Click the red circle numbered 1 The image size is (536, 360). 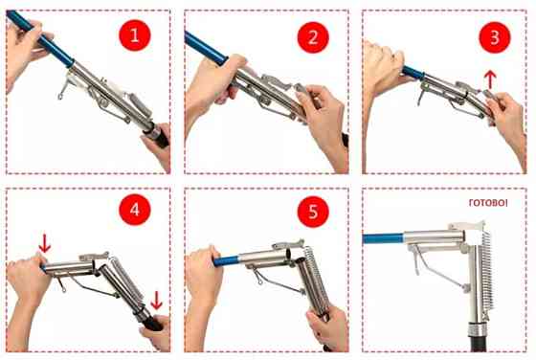tap(135, 34)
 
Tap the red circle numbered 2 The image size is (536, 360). tap(313, 37)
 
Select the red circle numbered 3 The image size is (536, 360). tap(495, 37)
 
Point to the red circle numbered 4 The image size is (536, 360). tap(135, 210)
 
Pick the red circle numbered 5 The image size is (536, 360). tap(313, 212)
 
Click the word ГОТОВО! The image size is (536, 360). tap(488, 203)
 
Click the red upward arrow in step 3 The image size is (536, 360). tap(490, 79)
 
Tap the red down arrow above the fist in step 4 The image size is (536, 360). tap(45, 243)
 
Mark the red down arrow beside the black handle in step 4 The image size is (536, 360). tap(156, 301)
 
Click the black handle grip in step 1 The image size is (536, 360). tap(158, 134)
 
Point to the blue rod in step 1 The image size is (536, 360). tap(39, 38)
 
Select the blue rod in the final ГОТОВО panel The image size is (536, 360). tap(383, 238)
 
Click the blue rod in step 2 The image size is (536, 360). tap(206, 48)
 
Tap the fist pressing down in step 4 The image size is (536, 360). tap(28, 275)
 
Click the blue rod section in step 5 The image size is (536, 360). tap(226, 260)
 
